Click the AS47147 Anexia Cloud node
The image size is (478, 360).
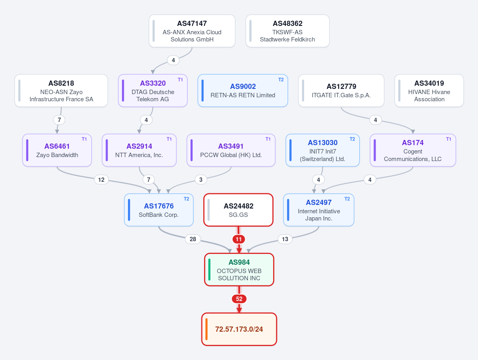coord(192,31)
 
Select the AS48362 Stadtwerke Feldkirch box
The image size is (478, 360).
coord(287,31)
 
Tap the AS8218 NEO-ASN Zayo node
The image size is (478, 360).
coord(61,90)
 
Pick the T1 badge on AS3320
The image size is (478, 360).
coord(181,80)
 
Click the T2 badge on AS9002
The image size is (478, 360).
coord(281,80)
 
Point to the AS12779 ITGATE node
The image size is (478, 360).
coord(341,90)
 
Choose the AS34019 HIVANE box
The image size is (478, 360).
coord(429,90)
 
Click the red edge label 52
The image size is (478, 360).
coord(239,299)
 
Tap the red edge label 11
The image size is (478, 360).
coord(239,239)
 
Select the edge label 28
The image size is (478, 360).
coord(193,239)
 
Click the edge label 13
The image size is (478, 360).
coord(285,239)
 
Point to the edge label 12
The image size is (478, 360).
coord(101,179)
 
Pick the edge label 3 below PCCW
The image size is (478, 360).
coord(201,179)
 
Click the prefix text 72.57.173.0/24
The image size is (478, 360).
coord(239,329)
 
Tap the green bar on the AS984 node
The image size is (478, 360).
coord(209,270)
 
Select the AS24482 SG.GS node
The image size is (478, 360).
coord(238,210)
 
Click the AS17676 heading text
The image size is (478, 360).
coord(159,206)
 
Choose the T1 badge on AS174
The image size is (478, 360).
coord(449,139)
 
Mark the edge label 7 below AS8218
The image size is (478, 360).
coord(59,120)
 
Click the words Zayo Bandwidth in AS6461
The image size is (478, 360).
coord(57,155)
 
